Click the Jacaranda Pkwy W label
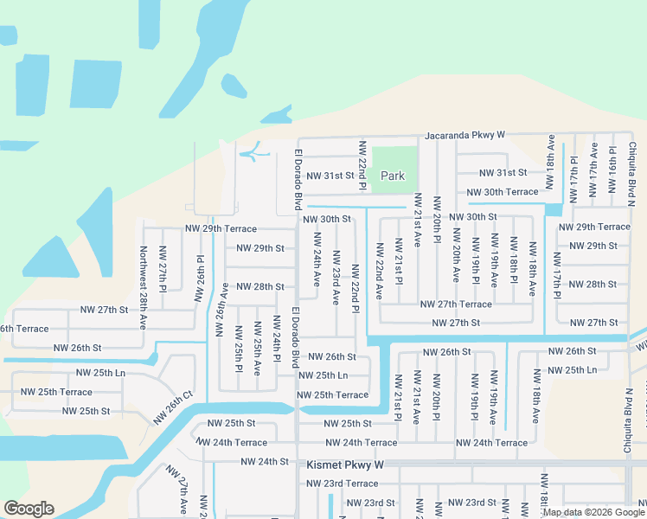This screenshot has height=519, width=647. [464, 136]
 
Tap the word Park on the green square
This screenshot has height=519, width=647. [393, 176]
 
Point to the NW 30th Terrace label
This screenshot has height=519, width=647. [502, 192]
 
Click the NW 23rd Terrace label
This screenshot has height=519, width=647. [342, 483]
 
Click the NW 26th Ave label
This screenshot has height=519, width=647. [224, 303]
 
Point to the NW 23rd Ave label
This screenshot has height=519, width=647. [336, 277]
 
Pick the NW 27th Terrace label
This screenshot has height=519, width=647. [456, 304]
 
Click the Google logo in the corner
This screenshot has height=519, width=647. [29, 509]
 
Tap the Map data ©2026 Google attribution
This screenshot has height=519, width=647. [593, 512]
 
